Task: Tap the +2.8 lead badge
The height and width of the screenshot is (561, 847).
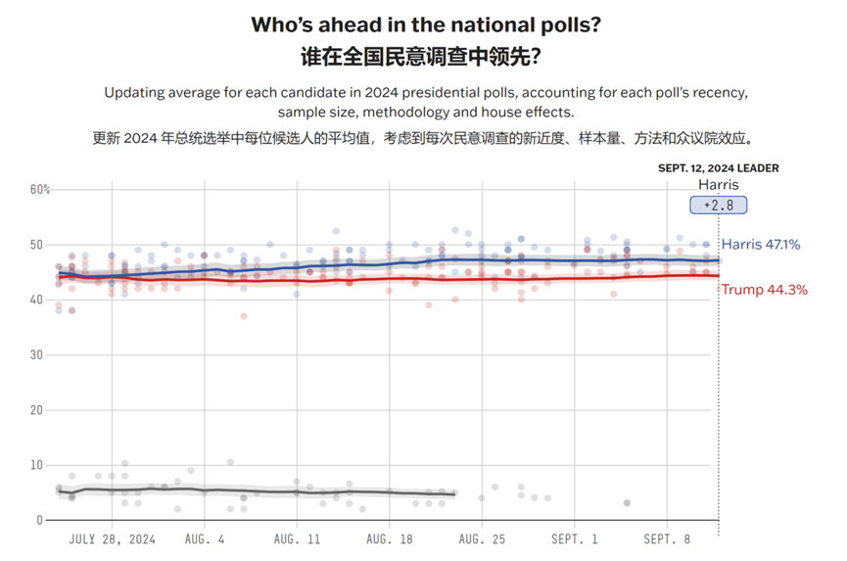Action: pyautogui.click(x=718, y=205)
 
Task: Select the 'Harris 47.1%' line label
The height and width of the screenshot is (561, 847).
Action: pyautogui.click(x=761, y=244)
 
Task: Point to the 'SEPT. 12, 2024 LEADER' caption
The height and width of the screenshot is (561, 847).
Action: pyautogui.click(x=718, y=167)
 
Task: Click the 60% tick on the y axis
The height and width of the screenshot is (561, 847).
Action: pyautogui.click(x=39, y=189)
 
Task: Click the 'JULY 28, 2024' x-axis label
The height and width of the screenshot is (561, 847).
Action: pyautogui.click(x=114, y=538)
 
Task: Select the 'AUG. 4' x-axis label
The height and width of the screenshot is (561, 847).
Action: pyautogui.click(x=205, y=538)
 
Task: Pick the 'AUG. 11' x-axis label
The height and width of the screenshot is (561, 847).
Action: pyautogui.click(x=298, y=538)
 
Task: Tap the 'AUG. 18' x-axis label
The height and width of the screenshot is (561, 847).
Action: pyautogui.click(x=390, y=538)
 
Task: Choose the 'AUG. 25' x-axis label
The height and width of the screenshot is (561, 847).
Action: pyautogui.click(x=482, y=538)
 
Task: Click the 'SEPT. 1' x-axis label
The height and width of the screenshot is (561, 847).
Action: pyautogui.click(x=575, y=538)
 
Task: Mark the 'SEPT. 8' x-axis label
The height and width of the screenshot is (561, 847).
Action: pyautogui.click(x=667, y=538)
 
